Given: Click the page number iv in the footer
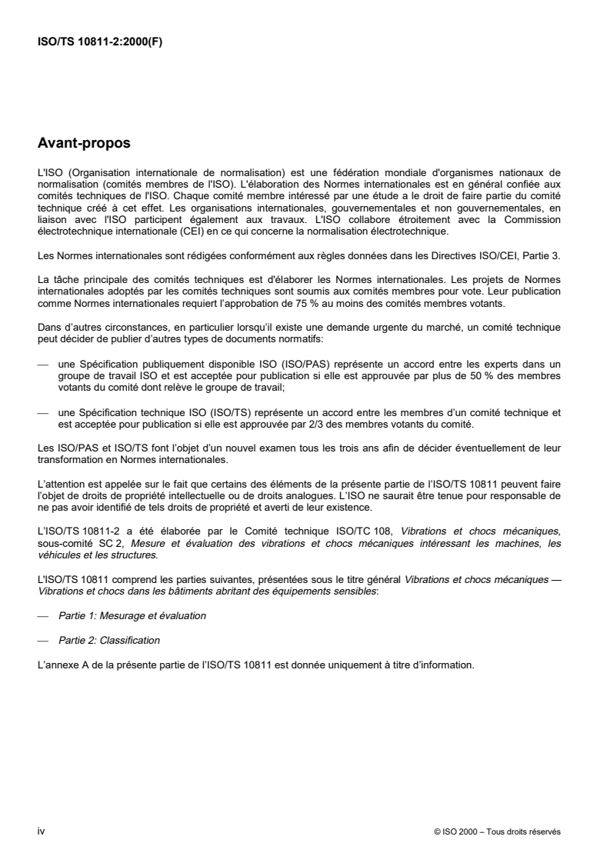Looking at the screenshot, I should (41, 831).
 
